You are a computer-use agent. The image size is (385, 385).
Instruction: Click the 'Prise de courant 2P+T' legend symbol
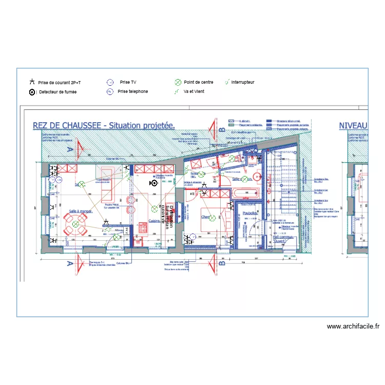click(32, 82)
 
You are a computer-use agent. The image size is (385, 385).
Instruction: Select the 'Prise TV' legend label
click(128, 82)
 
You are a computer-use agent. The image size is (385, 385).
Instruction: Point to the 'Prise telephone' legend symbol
click(109, 92)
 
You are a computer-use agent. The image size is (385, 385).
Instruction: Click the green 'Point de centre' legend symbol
click(178, 82)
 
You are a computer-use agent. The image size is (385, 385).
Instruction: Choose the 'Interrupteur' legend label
click(242, 82)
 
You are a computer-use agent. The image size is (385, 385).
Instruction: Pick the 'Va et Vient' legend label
click(194, 92)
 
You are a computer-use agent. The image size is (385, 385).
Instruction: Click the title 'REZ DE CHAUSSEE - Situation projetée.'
click(104, 125)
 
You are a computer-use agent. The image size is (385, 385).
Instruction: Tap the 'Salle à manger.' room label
click(81, 211)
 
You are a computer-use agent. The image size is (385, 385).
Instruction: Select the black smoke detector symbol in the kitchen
click(153, 183)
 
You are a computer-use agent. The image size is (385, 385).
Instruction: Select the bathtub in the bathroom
click(244, 193)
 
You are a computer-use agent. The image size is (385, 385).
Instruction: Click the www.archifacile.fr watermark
click(353, 326)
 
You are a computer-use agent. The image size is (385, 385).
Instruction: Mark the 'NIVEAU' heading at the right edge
click(353, 125)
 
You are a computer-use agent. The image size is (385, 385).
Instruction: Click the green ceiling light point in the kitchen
click(153, 208)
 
